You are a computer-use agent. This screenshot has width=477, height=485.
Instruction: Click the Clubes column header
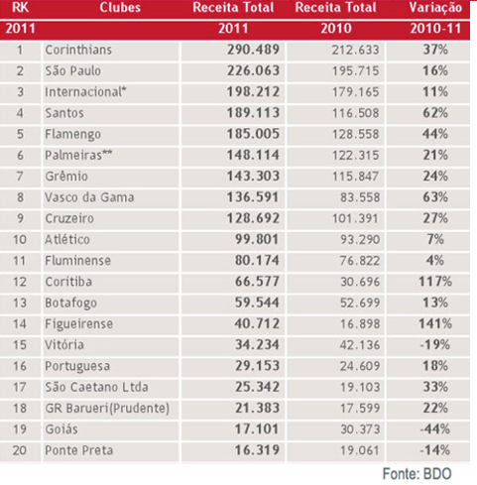click(120, 7)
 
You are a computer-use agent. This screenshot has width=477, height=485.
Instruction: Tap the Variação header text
click(435, 8)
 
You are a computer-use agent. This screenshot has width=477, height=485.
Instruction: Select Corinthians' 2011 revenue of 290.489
click(253, 50)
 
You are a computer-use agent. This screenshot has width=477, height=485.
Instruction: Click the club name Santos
click(64, 113)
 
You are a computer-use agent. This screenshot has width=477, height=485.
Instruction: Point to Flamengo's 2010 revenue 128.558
click(356, 134)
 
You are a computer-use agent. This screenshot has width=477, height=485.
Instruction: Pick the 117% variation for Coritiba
click(435, 282)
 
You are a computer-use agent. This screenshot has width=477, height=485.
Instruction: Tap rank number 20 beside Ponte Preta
click(20, 450)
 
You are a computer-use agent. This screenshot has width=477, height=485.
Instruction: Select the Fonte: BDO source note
click(417, 474)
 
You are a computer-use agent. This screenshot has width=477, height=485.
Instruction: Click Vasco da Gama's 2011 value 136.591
click(253, 197)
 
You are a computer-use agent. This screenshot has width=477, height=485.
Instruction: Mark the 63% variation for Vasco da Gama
click(435, 197)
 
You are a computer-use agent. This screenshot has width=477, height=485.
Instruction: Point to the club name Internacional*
click(85, 92)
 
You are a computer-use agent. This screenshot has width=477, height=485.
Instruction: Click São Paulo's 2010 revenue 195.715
click(356, 70)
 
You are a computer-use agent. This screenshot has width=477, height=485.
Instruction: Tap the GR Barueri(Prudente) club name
click(107, 409)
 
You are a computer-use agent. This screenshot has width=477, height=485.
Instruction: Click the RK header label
click(20, 7)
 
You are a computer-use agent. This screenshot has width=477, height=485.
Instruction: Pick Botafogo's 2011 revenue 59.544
click(257, 303)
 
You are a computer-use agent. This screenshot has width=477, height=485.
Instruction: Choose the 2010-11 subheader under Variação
click(435, 29)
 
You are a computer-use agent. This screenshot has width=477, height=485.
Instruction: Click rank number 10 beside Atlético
click(20, 240)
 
